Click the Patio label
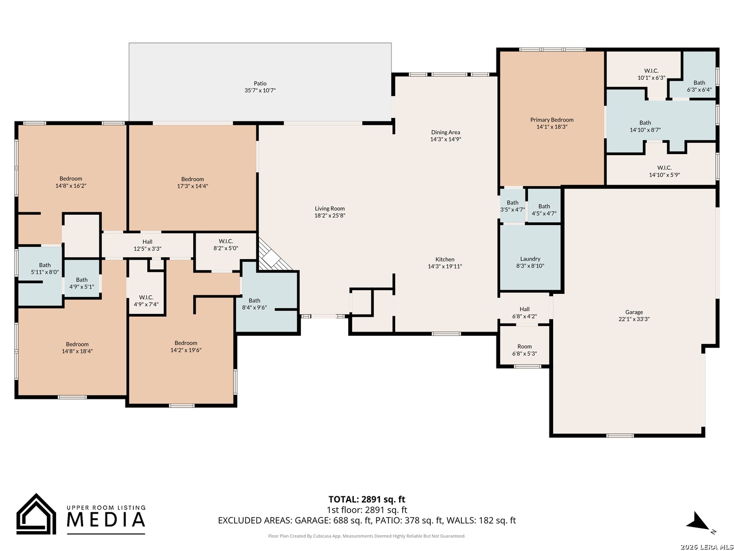click(x=260, y=83)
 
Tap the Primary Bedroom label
click(x=552, y=120)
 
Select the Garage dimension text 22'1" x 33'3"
click(x=634, y=319)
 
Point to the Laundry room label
click(x=530, y=259)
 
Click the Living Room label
click(x=329, y=209)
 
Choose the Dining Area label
click(x=445, y=132)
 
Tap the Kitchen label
click(x=445, y=259)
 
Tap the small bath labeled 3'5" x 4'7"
click(x=512, y=206)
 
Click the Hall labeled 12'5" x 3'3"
click(x=147, y=245)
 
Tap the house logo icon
click(x=36, y=514)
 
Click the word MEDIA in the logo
click(x=106, y=519)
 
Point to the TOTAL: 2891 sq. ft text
click(x=366, y=499)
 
